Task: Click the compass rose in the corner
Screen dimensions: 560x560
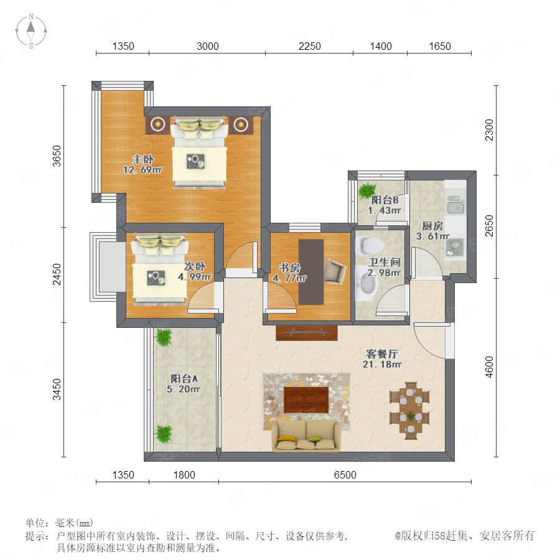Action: pyautogui.click(x=31, y=31)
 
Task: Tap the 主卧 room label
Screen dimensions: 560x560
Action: pyautogui.click(x=143, y=159)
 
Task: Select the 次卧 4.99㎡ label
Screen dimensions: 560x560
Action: pyautogui.click(x=195, y=271)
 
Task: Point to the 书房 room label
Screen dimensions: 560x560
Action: pyautogui.click(x=289, y=268)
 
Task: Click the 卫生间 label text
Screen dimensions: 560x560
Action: pyautogui.click(x=385, y=262)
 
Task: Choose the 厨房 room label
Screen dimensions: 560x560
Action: pyautogui.click(x=432, y=226)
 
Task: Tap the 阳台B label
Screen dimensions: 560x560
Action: pyautogui.click(x=385, y=200)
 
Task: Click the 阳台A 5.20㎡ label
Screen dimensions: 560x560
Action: pyautogui.click(x=184, y=383)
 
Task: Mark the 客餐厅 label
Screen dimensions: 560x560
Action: pyautogui.click(x=382, y=354)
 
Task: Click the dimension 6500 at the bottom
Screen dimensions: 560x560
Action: pyautogui.click(x=345, y=475)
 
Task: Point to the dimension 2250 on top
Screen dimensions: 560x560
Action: pyautogui.click(x=310, y=46)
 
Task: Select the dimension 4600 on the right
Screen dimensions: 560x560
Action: pyautogui.click(x=489, y=366)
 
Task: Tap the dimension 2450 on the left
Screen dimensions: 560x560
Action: pyautogui.click(x=57, y=274)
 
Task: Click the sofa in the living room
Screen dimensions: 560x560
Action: pyautogui.click(x=306, y=436)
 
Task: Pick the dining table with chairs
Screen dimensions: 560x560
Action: pyautogui.click(x=409, y=411)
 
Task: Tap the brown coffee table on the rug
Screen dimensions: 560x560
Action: pyautogui.click(x=306, y=399)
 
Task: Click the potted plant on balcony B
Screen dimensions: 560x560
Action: pyautogui.click(x=368, y=190)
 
